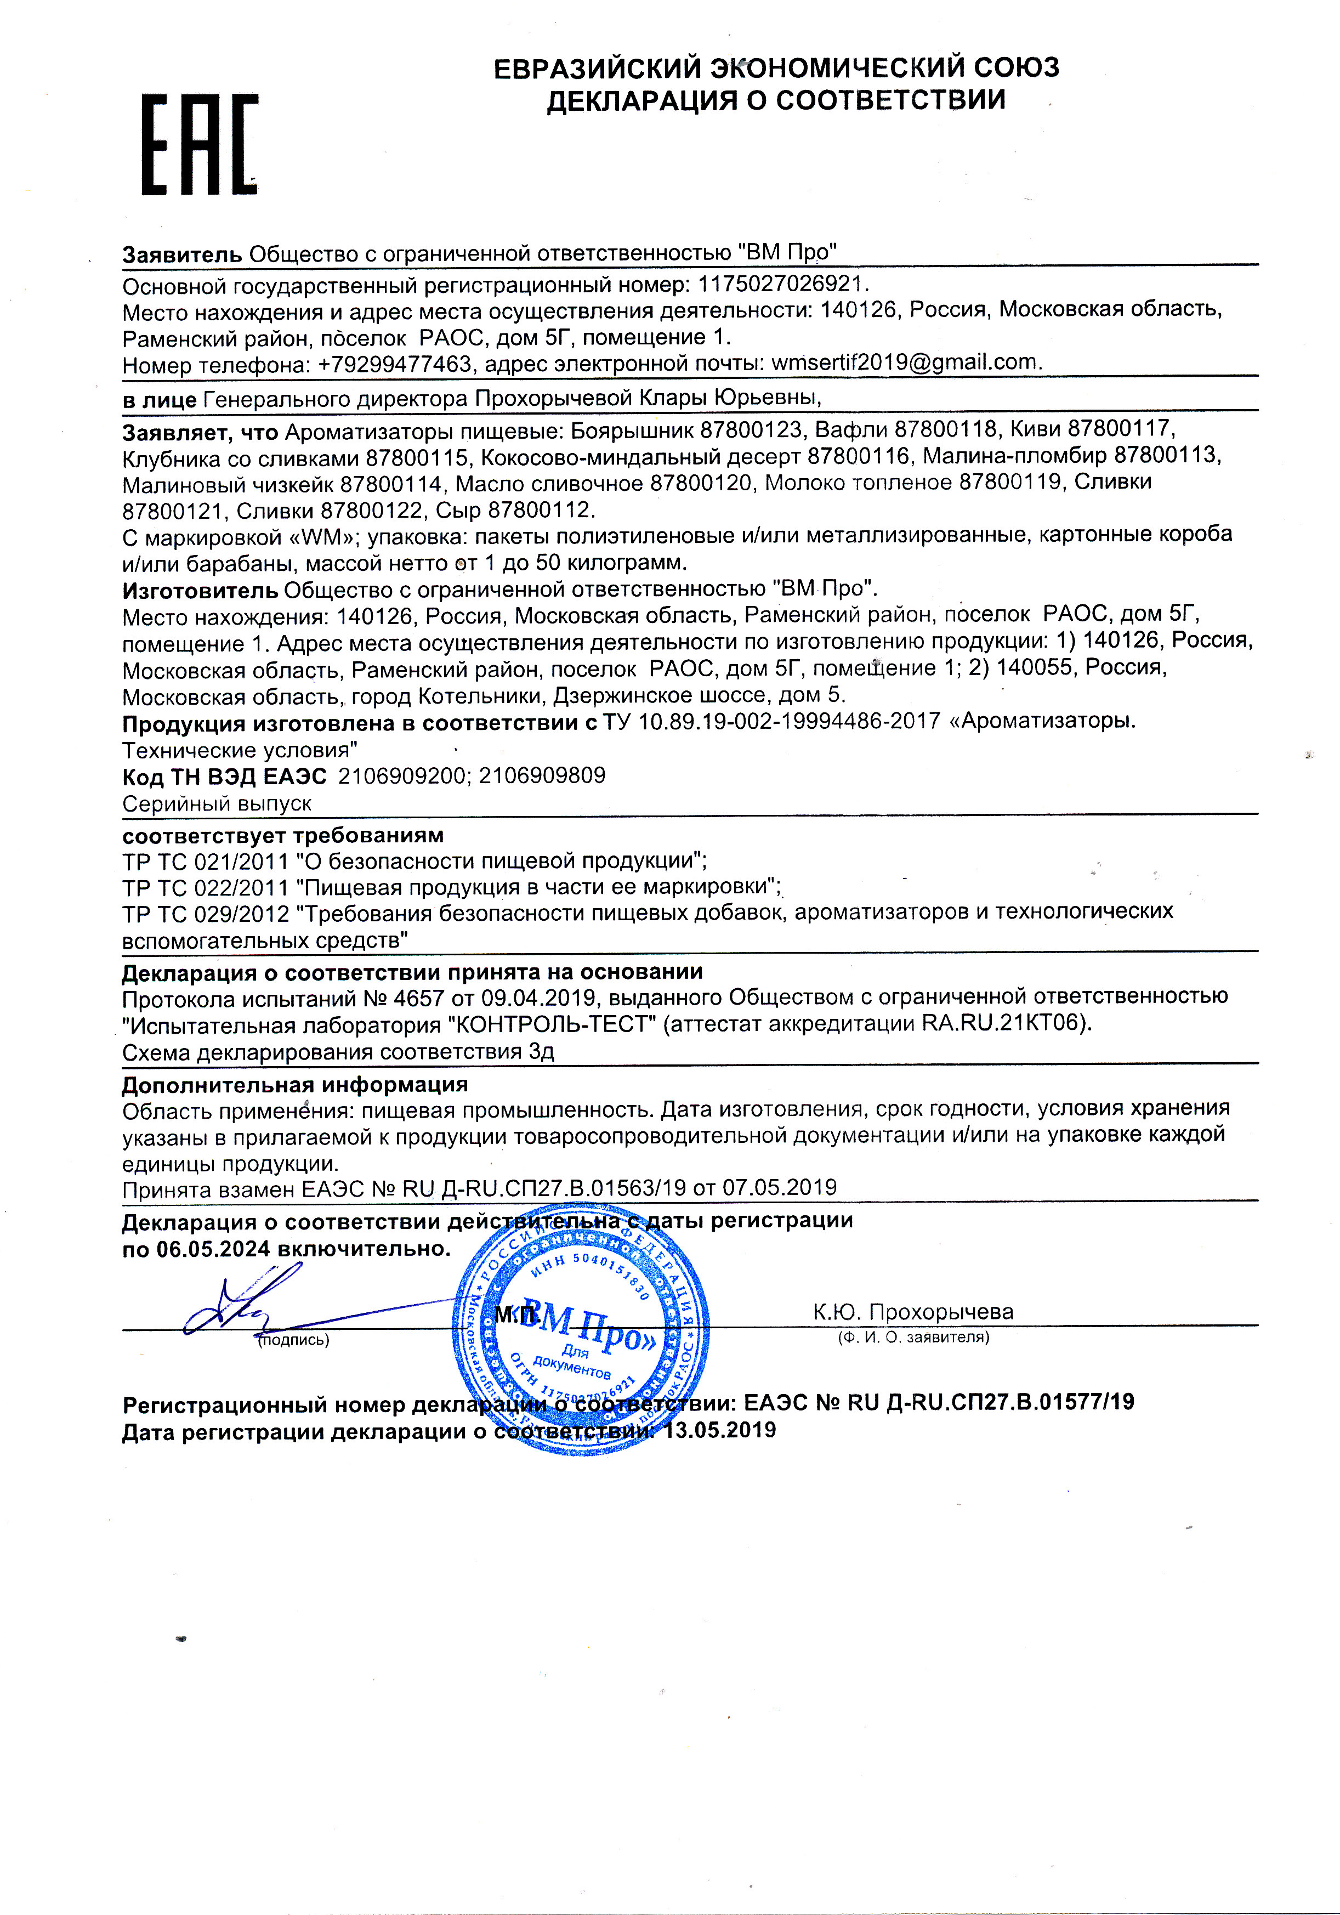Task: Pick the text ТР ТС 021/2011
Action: [205, 861]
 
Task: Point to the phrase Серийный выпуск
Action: [217, 803]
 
